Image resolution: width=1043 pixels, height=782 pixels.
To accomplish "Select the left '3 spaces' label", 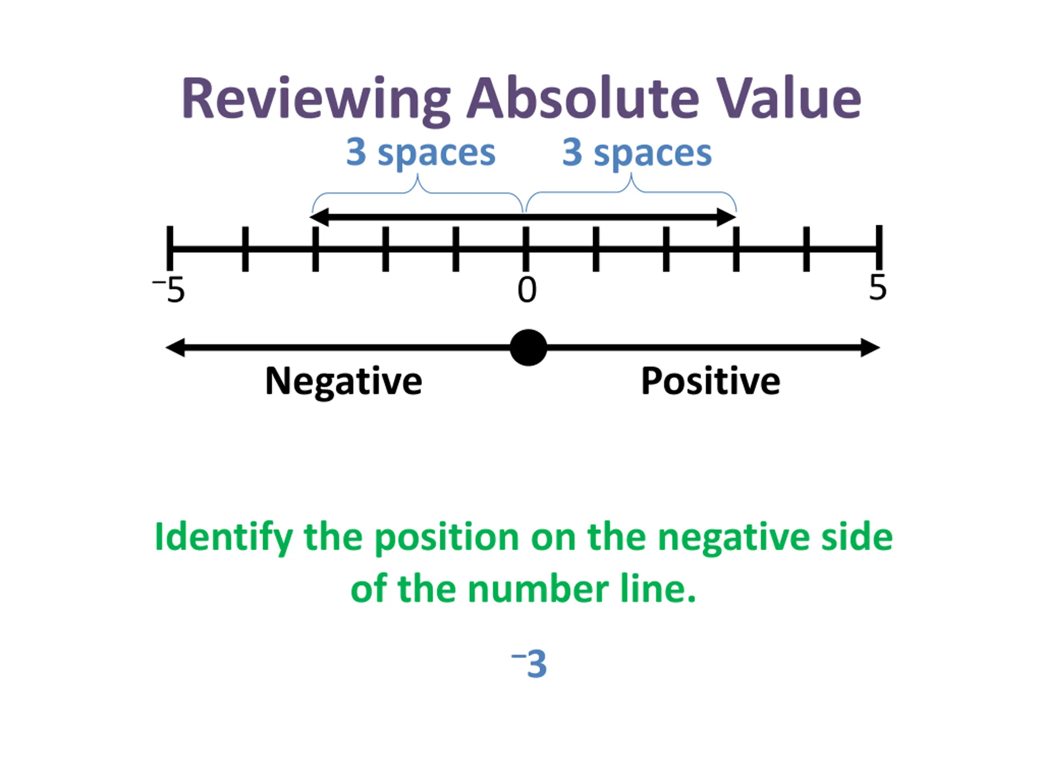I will pyautogui.click(x=420, y=153).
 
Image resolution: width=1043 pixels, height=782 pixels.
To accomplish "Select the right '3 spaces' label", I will pyautogui.click(x=637, y=153).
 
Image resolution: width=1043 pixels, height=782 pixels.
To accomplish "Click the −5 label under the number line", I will pyautogui.click(x=170, y=290).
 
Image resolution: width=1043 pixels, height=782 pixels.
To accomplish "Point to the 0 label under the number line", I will pyautogui.click(x=527, y=290).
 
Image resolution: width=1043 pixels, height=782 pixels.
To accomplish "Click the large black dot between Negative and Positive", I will pyautogui.click(x=528, y=347).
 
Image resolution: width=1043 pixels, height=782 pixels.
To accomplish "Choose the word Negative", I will pyautogui.click(x=343, y=381).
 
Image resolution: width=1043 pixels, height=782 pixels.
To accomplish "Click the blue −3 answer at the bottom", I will pyautogui.click(x=530, y=664).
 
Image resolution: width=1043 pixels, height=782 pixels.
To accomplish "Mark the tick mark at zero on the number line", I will pyautogui.click(x=526, y=249).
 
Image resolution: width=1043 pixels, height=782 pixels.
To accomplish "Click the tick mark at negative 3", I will pyautogui.click(x=315, y=249).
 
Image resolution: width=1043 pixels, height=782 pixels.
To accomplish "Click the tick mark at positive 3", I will pyautogui.click(x=736, y=249).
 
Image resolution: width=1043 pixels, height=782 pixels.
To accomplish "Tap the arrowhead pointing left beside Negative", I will pyautogui.click(x=175, y=347).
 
